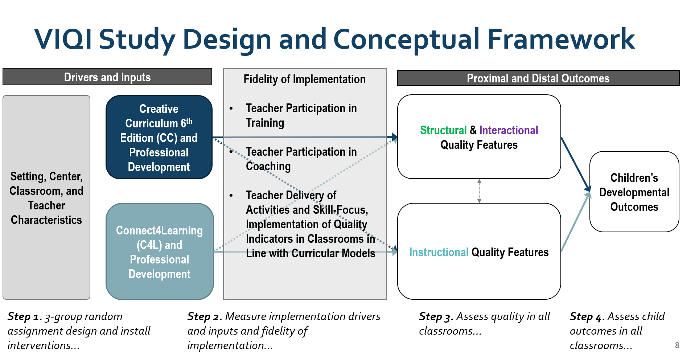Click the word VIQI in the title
63,39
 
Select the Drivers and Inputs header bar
107,77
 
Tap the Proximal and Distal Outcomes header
538,78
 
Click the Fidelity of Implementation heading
304,79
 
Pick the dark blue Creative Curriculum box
159,138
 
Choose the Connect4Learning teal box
160,252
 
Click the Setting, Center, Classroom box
46,198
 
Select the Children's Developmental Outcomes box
634,192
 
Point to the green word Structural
443,130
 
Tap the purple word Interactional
509,130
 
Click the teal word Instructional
439,252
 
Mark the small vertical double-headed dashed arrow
479,191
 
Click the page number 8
677,345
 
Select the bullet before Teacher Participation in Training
231,108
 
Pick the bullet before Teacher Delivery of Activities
231,195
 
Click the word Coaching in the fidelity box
268,166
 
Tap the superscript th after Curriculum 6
189,121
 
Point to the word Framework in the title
561,39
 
